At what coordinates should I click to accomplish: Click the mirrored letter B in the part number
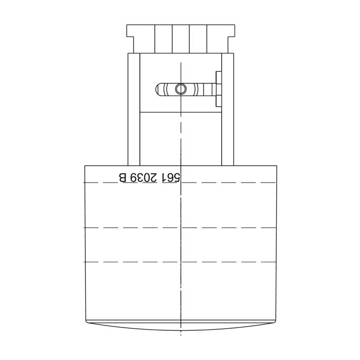(x=122, y=177)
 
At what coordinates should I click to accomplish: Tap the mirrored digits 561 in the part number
(x=171, y=178)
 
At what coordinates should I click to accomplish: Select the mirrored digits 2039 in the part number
(x=143, y=178)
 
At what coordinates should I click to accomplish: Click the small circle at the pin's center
(x=181, y=89)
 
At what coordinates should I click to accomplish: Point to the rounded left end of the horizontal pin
(x=159, y=89)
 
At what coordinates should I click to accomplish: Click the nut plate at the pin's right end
(x=219, y=89)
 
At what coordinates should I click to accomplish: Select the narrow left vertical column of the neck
(x=134, y=109)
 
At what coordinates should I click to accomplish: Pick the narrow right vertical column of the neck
(x=228, y=109)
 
